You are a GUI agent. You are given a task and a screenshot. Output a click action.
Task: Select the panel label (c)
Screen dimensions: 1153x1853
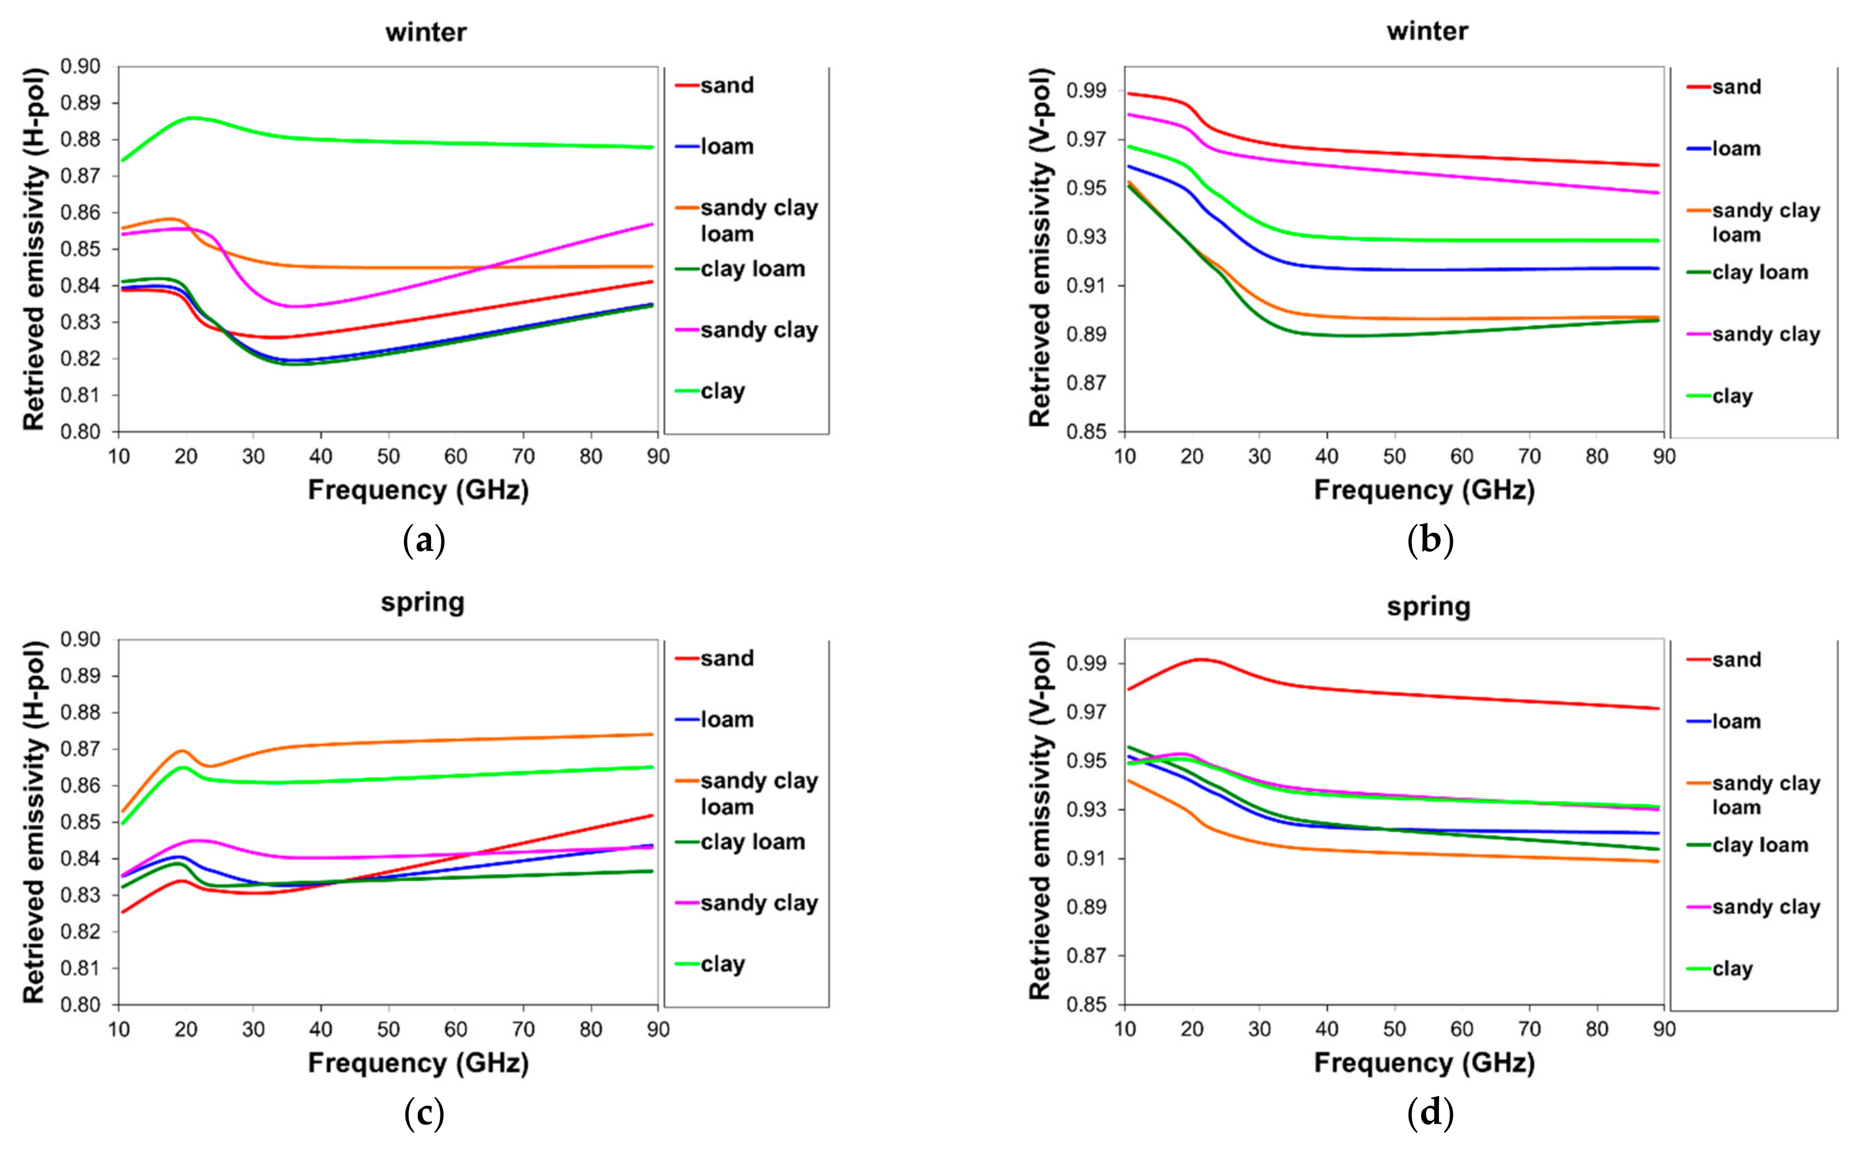point(423,1115)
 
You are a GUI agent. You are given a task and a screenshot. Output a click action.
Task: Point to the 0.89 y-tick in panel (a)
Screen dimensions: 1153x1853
point(80,103)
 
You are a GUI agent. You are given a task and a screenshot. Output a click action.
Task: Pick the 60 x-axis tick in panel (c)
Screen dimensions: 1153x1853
point(456,1029)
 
